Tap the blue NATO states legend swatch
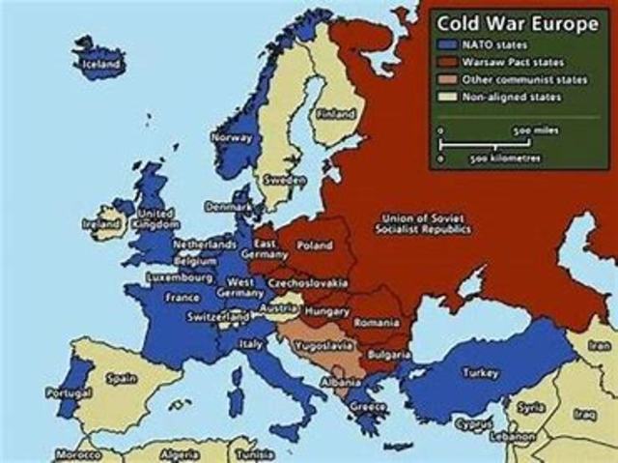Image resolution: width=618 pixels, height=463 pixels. pos(449,43)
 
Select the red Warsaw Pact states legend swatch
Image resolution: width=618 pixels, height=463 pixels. pos(449,61)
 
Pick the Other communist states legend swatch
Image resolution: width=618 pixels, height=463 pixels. pos(449,79)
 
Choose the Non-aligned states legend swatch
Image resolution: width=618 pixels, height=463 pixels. pos(449,97)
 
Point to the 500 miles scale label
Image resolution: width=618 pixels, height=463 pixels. pos(532,128)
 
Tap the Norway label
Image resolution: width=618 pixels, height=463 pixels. pos(232,137)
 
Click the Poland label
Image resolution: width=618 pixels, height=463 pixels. pos(315,246)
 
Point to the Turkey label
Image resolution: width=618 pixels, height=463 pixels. pos(480,372)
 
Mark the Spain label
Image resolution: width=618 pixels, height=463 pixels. pos(122,377)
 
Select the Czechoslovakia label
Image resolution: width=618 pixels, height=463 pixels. pos(308,282)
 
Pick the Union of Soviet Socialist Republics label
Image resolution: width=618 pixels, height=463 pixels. pos(426,223)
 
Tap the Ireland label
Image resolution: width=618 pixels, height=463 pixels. pos(99,223)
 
